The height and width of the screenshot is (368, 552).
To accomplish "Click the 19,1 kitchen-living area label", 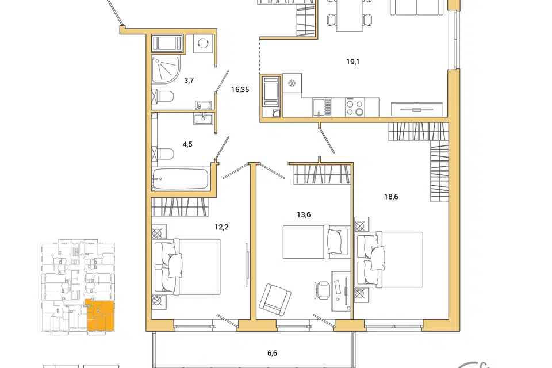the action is tap(352, 62).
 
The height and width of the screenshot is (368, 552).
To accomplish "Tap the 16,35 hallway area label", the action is tap(240, 90).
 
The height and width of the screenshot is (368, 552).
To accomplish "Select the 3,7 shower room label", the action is tap(189, 80).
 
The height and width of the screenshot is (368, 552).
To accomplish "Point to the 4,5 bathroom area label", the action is tap(187, 144).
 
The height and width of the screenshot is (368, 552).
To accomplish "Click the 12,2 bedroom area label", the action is tap(221, 227).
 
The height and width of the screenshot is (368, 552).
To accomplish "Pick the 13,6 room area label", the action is tap(304, 214).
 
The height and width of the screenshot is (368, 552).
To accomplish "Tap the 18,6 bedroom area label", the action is tap(391, 197).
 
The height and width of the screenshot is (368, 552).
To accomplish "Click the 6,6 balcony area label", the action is tap(272, 353).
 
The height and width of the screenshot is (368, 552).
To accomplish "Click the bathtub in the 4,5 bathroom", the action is tap(180, 179).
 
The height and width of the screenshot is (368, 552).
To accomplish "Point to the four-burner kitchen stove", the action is tap(355, 108).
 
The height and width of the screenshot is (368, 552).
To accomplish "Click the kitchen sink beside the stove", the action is tap(323, 107).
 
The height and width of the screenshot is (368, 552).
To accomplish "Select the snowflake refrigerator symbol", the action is tap(292, 83).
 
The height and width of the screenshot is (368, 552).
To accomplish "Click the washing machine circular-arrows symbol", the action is tap(204, 43).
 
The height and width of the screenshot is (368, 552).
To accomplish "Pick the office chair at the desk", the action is tap(322, 290).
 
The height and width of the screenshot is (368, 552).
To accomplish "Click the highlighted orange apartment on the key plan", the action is tap(101, 315).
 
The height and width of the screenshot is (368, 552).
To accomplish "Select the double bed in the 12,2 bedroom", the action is tap(186, 267).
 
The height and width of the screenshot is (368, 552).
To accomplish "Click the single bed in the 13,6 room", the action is tap(316, 242).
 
